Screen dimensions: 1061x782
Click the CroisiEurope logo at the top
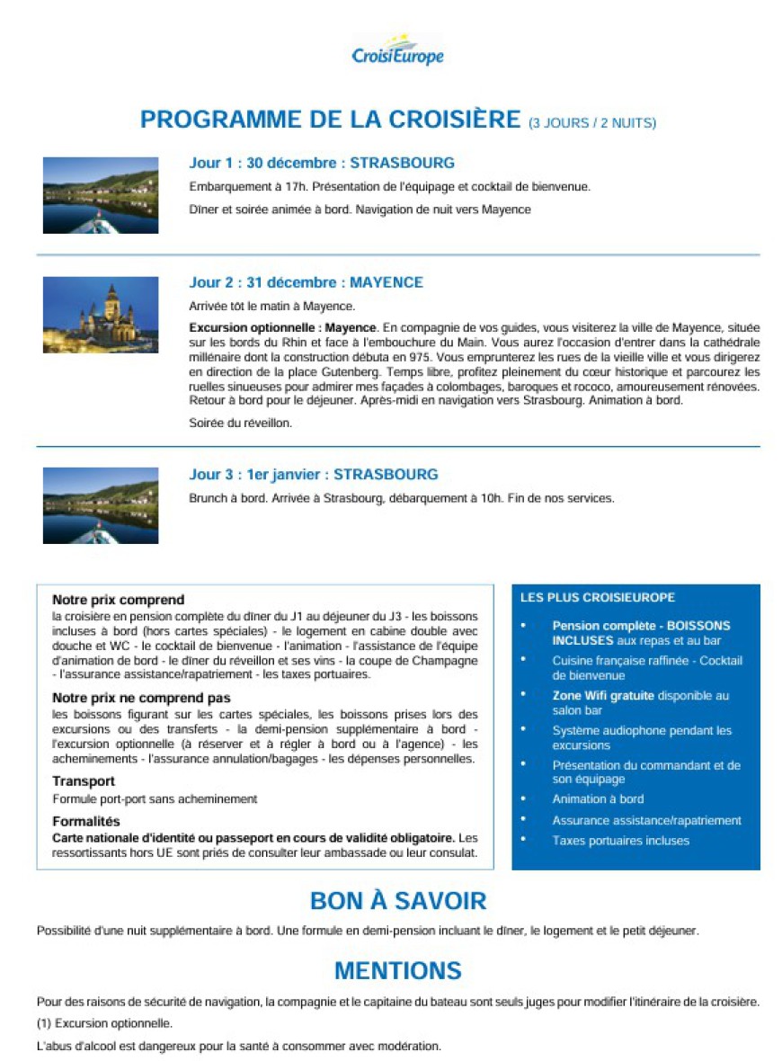coord(397,51)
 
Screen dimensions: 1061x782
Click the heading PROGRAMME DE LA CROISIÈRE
coord(331,120)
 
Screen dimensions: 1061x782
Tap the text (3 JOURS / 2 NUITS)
coord(592,122)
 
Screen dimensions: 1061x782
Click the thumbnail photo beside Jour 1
coord(101,195)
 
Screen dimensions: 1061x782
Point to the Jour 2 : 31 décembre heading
coord(306,282)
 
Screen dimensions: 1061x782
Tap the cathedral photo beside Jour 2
coord(101,315)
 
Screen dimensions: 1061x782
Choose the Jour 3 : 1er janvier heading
coord(313,474)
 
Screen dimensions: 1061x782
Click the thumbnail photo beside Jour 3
coord(101,505)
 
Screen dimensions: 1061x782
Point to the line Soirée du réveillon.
coord(241,422)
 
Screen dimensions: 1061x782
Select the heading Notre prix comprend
coord(118,600)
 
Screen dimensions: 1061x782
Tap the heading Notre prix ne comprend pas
coord(141,698)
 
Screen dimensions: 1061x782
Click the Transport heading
coord(84,781)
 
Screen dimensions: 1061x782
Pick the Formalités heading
coord(86,821)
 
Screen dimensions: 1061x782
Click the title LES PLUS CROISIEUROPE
coord(598,597)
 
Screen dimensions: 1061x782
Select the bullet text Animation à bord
coord(598,798)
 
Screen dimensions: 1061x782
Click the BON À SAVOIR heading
coord(397,901)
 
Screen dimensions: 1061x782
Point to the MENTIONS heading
coord(397,970)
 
